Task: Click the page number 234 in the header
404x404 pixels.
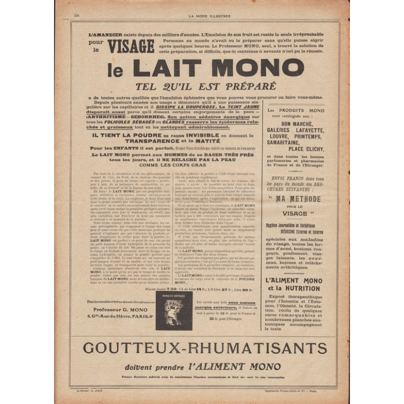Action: click(77, 16)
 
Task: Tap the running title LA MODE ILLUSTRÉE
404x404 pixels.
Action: click(209, 16)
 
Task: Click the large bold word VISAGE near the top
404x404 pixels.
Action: click(131, 46)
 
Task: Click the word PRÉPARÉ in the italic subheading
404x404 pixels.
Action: click(247, 86)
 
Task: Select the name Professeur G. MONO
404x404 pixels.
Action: click(117, 309)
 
